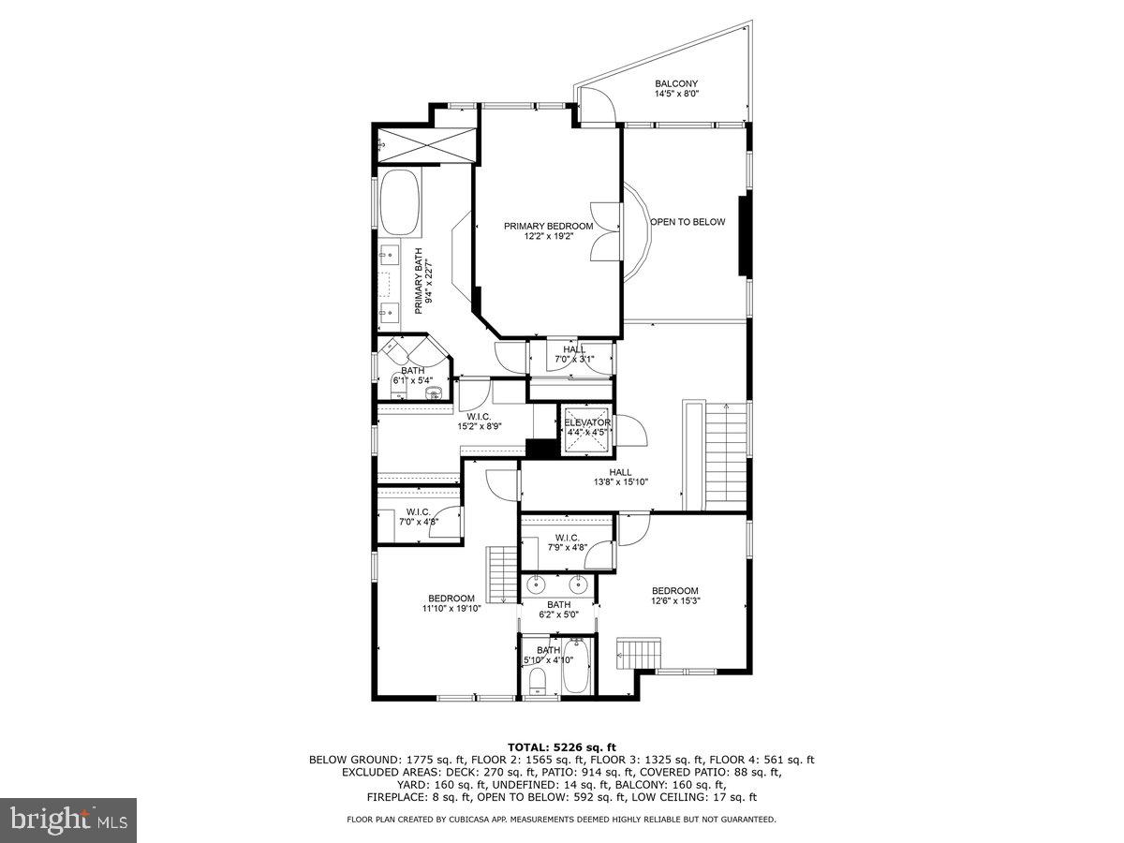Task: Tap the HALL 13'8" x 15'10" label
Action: [620, 477]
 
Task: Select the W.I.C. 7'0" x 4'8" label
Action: [418, 516]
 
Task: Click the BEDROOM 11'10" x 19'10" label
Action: [451, 603]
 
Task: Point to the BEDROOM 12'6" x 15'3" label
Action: [675, 595]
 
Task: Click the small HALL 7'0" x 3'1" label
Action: [574, 354]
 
